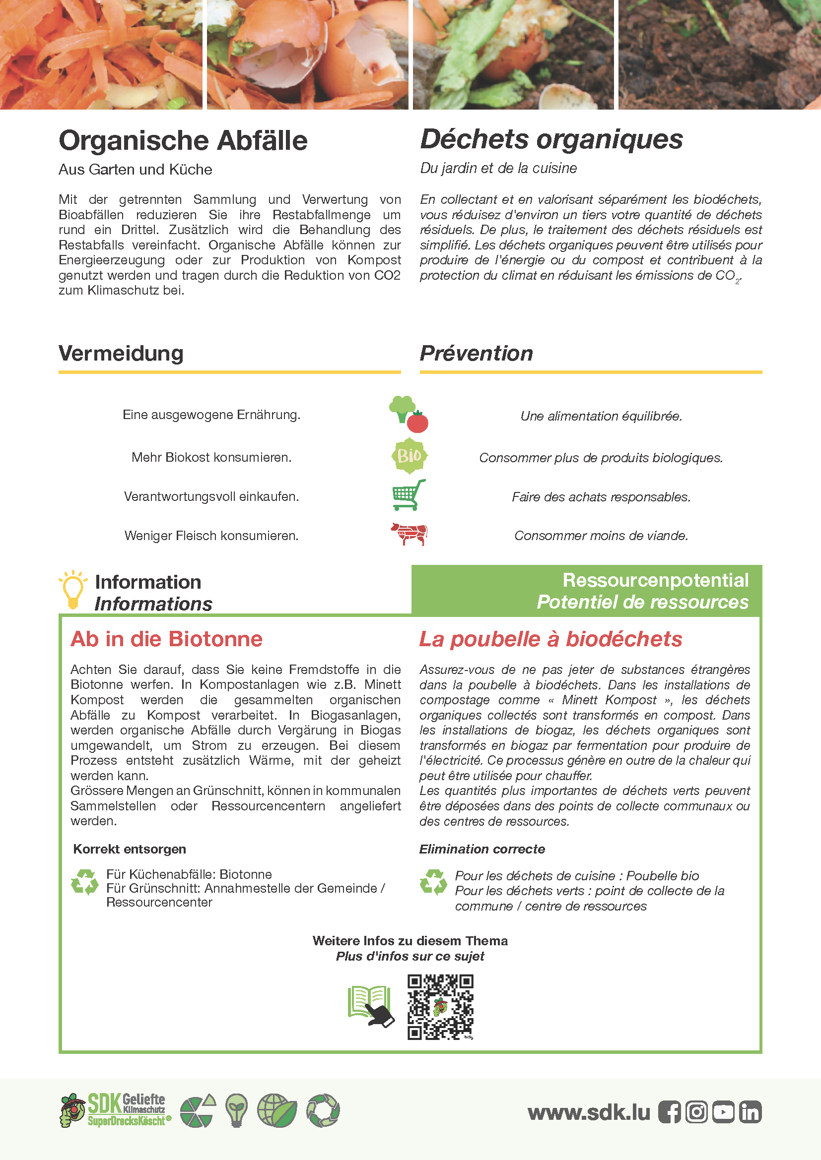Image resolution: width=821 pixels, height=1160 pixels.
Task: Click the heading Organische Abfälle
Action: pyautogui.click(x=183, y=140)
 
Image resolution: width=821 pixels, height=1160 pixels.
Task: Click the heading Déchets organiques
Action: pyautogui.click(x=551, y=139)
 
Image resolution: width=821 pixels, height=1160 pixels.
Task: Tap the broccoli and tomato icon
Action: pyautogui.click(x=409, y=414)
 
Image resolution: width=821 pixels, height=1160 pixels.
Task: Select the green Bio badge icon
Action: pyautogui.click(x=409, y=456)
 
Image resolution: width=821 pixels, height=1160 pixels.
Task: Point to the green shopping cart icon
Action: pyautogui.click(x=409, y=495)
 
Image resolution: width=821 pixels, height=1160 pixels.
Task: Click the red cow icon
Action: pyautogui.click(x=409, y=534)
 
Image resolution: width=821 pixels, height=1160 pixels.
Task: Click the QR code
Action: pyautogui.click(x=440, y=1007)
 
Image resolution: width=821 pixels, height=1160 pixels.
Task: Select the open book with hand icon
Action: pyautogui.click(x=371, y=1006)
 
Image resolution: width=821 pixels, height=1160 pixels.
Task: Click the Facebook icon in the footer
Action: pyautogui.click(x=669, y=1112)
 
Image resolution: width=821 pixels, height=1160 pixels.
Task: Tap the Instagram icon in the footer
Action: pyautogui.click(x=696, y=1112)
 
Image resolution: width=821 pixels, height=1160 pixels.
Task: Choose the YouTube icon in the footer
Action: pyautogui.click(x=723, y=1112)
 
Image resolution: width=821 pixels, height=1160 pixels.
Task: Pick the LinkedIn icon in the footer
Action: pyautogui.click(x=750, y=1112)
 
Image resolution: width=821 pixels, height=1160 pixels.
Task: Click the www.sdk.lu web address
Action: pyautogui.click(x=589, y=1112)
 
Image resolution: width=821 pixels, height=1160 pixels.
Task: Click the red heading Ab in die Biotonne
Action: pyautogui.click(x=166, y=639)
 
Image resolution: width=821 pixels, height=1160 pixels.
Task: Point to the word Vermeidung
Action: pyautogui.click(x=121, y=353)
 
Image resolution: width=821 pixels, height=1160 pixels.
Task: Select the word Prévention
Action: pyautogui.click(x=476, y=353)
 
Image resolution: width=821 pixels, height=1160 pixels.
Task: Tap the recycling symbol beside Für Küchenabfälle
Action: pyautogui.click(x=84, y=882)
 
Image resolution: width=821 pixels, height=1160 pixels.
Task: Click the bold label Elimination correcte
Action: pyautogui.click(x=482, y=849)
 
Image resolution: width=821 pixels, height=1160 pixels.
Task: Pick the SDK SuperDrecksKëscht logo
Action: pyautogui.click(x=116, y=1110)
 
